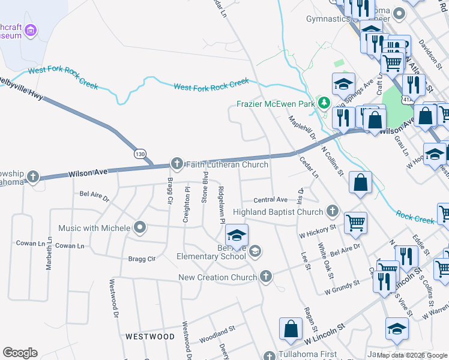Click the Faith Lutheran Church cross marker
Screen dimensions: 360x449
[177, 163]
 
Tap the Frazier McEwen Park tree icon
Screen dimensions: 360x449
[324, 103]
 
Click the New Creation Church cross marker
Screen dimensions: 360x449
[266, 277]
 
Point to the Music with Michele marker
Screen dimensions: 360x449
[140, 227]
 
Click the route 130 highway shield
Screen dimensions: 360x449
[140, 154]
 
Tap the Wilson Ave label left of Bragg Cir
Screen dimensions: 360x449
[87, 172]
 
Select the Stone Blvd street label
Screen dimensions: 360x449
[206, 188]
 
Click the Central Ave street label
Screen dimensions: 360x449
[270, 200]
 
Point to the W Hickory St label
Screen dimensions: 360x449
[316, 231]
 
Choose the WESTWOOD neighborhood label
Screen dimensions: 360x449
[150, 337]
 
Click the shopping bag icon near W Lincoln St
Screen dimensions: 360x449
[291, 328]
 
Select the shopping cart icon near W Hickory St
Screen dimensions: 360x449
[355, 223]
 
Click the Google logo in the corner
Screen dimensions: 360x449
[20, 353]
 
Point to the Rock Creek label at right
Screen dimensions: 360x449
[415, 217]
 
